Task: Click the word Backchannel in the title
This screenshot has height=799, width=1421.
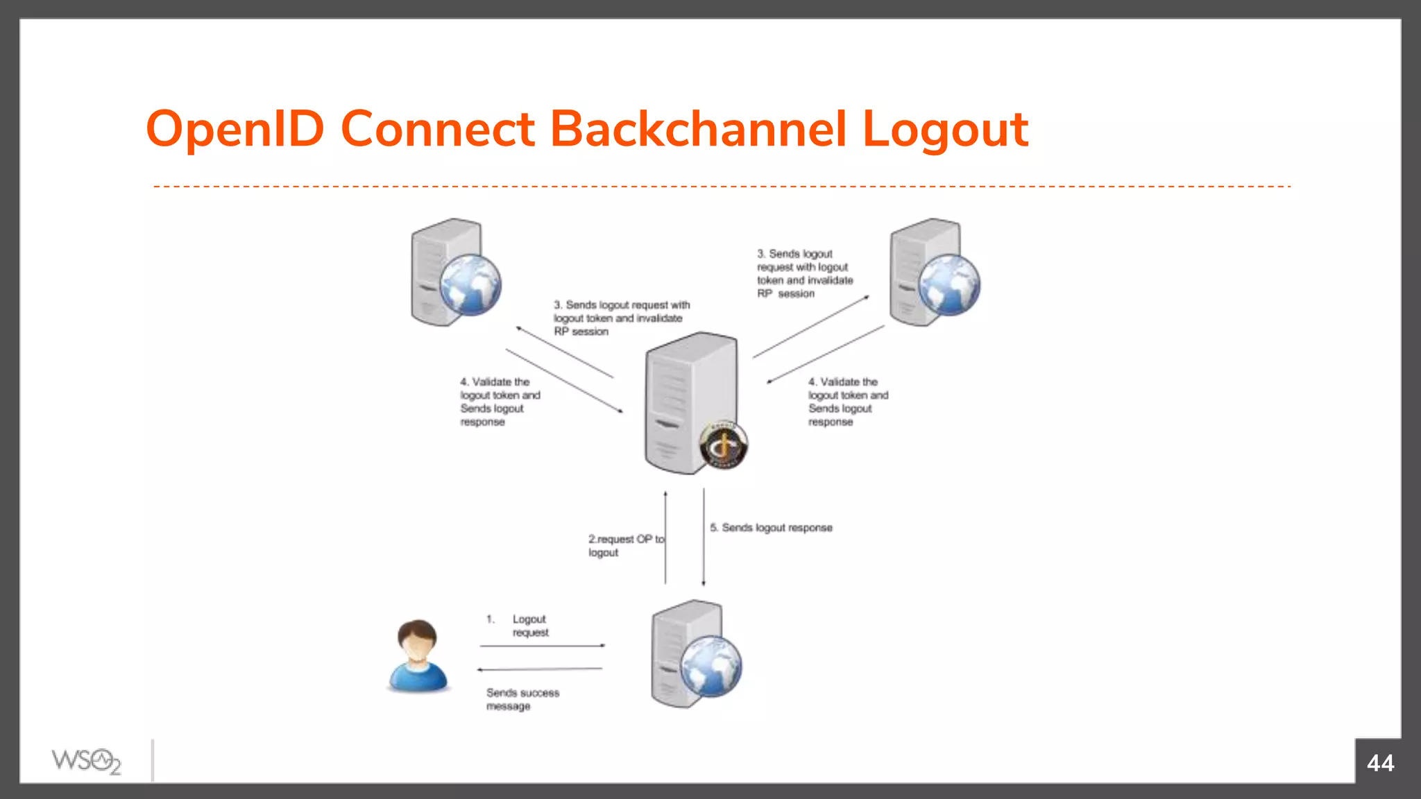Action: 697,129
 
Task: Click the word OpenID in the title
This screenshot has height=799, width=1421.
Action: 235,129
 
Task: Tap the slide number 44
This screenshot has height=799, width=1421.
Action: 1379,763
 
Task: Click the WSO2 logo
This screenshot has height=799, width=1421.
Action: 86,762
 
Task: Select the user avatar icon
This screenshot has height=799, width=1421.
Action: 417,655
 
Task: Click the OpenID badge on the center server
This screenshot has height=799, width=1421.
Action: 723,445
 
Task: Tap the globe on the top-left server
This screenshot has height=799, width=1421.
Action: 470,284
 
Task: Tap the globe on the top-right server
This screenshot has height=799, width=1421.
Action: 949,284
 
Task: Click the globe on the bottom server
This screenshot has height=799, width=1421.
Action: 710,667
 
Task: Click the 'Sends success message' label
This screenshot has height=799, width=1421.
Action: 522,699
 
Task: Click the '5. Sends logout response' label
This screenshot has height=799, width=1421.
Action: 771,528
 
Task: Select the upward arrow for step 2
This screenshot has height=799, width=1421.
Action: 665,538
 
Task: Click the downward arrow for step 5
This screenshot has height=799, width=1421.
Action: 704,538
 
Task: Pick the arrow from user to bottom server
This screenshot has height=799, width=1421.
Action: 542,646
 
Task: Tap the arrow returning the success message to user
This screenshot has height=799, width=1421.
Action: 540,669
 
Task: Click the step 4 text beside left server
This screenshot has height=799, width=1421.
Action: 499,402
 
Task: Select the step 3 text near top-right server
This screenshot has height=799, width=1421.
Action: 804,273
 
